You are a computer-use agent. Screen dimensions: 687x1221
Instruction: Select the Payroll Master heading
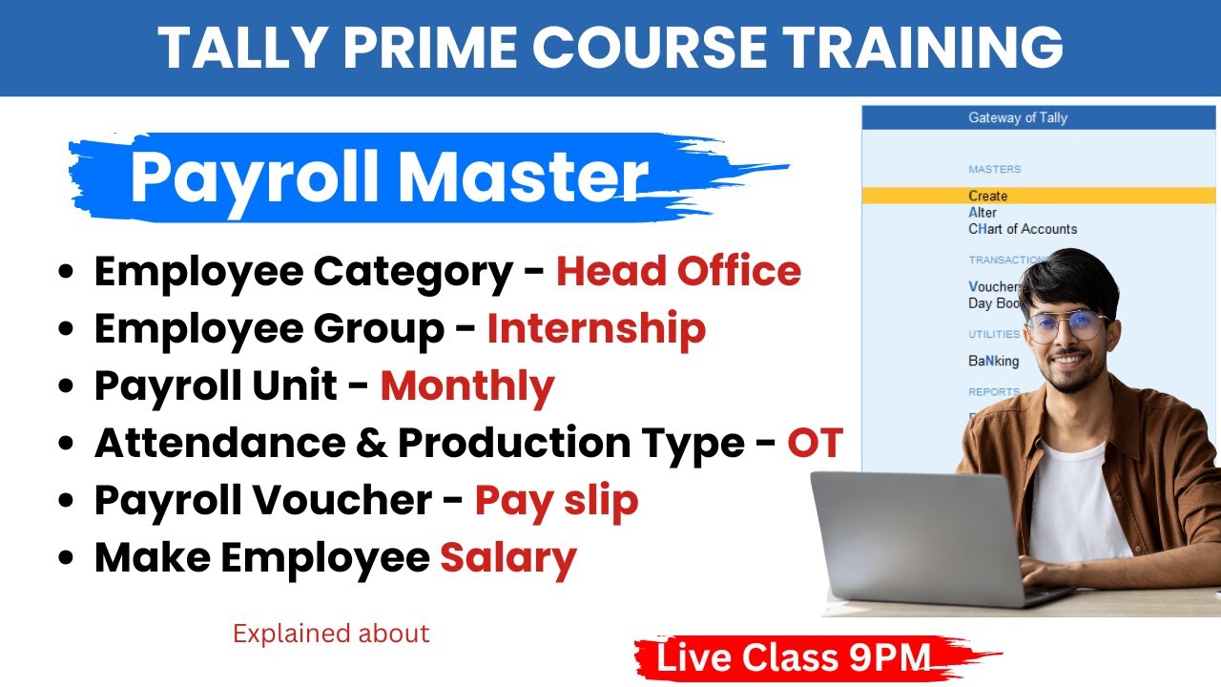[x=389, y=177]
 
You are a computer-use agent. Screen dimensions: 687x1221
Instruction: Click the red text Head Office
[x=678, y=272]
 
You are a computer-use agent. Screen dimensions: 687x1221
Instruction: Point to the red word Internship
[x=596, y=329]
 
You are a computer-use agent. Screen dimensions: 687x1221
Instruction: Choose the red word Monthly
[x=467, y=386]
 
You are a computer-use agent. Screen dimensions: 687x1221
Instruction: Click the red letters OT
[x=815, y=443]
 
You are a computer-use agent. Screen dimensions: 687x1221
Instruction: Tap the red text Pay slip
[x=557, y=501]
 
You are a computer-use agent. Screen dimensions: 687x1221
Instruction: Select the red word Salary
[x=507, y=558]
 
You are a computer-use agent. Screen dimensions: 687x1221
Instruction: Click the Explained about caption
[x=331, y=634]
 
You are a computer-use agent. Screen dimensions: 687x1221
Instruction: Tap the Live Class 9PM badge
[x=794, y=658]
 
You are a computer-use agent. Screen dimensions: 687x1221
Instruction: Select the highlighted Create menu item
[x=988, y=196]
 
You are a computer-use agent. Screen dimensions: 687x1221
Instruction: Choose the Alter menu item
[x=983, y=212]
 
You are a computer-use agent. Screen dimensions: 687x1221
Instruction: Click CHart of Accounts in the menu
[x=1023, y=229]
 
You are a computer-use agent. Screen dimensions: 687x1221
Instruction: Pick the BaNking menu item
[x=993, y=362]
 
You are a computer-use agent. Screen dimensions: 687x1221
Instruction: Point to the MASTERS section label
[x=994, y=169]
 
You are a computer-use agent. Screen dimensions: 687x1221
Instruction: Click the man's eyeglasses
[x=1068, y=324]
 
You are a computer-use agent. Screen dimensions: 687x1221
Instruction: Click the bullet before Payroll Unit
[x=66, y=387]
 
